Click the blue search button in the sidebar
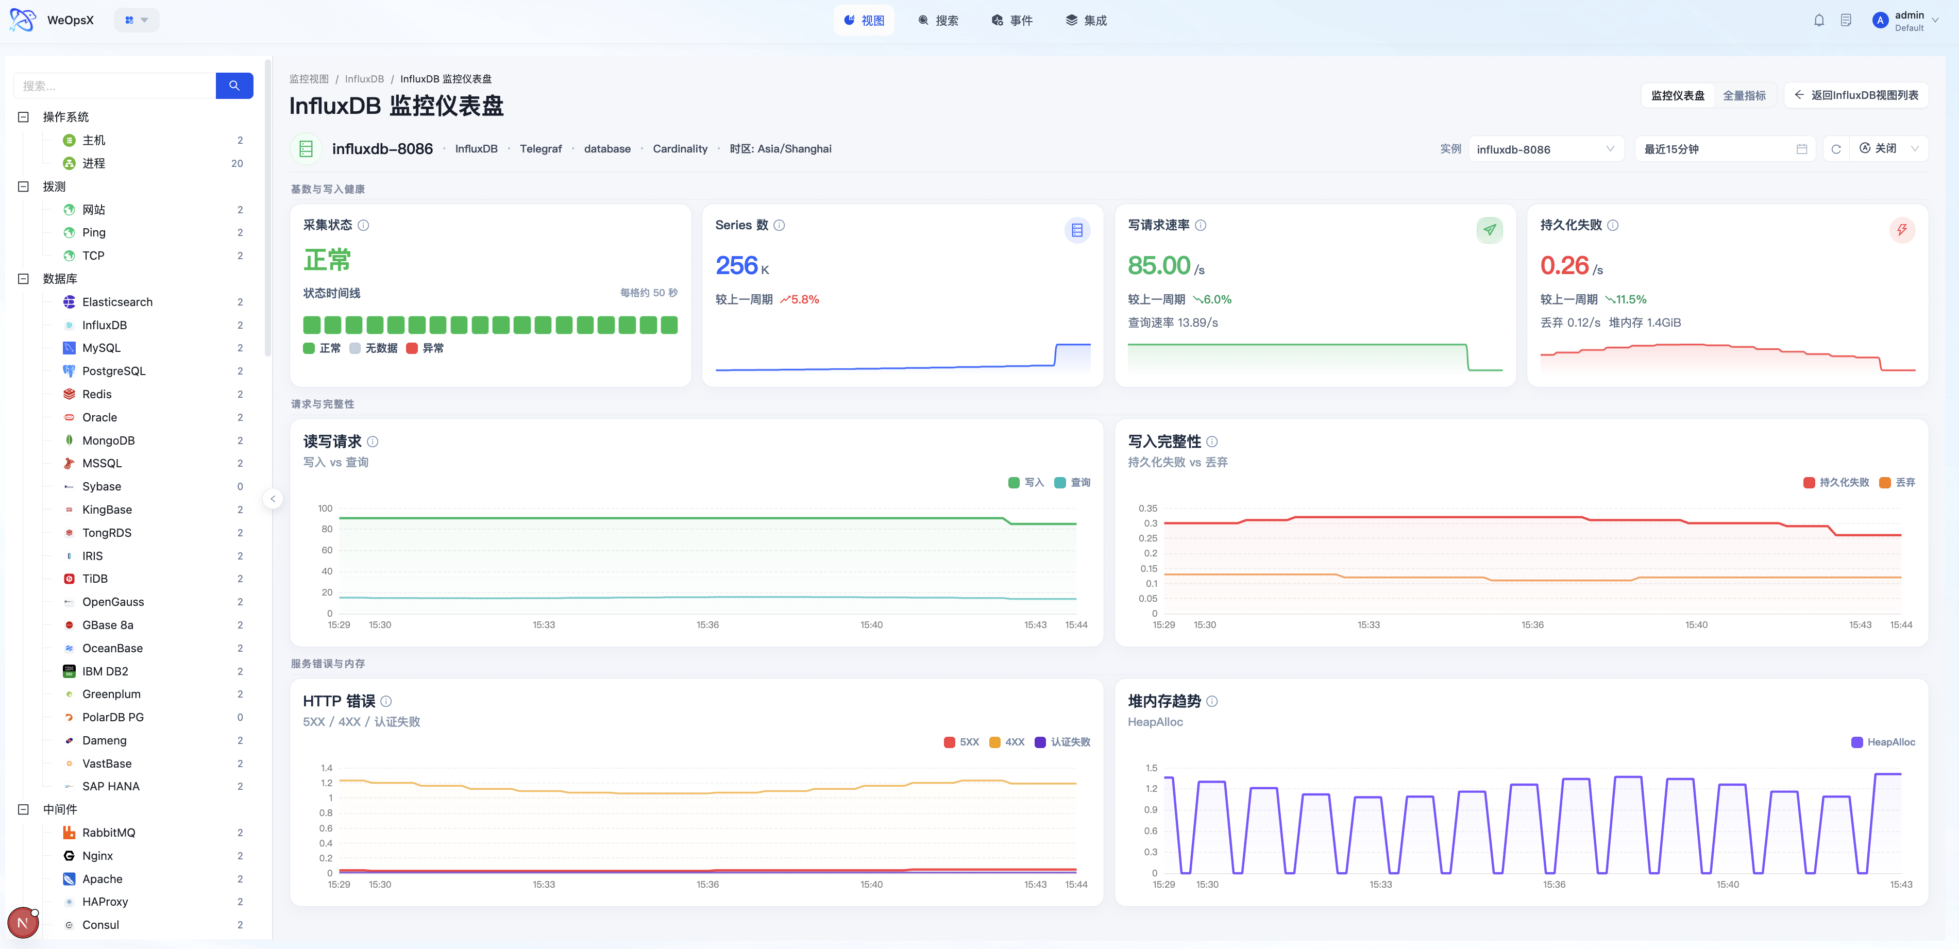pyautogui.click(x=234, y=86)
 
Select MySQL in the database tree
pyautogui.click(x=101, y=348)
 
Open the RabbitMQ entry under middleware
pyautogui.click(x=109, y=833)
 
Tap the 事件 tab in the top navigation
pyautogui.click(x=1012, y=21)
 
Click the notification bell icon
pyautogui.click(x=1818, y=21)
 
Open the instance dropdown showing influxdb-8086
pyautogui.click(x=1545, y=149)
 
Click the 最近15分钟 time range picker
pyautogui.click(x=1725, y=149)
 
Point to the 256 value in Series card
pyautogui.click(x=736, y=265)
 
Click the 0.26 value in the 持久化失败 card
pyautogui.click(x=1564, y=265)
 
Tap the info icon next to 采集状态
pyautogui.click(x=363, y=225)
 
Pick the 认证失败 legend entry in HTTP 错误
pyautogui.click(x=1062, y=742)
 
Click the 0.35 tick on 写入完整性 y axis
pyautogui.click(x=1147, y=508)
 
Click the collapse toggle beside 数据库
pyautogui.click(x=24, y=278)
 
